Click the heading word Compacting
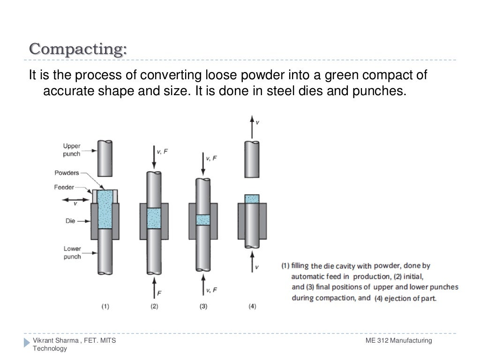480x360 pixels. tap(78, 49)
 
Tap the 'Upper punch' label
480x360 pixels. tap(71, 150)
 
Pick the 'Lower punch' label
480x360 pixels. tap(72, 253)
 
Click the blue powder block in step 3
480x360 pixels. tap(203, 220)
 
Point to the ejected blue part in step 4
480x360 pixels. tap(252, 199)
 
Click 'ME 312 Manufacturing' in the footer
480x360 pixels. tap(398, 340)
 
